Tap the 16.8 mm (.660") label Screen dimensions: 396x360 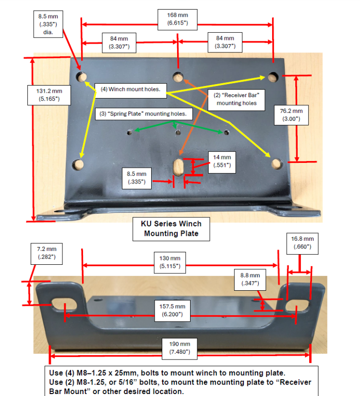tap(302, 243)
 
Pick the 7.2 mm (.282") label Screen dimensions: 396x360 tap(47, 253)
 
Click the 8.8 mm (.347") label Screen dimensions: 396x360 tap(250, 279)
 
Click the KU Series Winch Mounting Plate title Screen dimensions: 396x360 tap(171, 229)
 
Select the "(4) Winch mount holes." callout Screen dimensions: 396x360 tap(130, 89)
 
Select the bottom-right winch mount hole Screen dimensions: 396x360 tap(276, 163)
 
